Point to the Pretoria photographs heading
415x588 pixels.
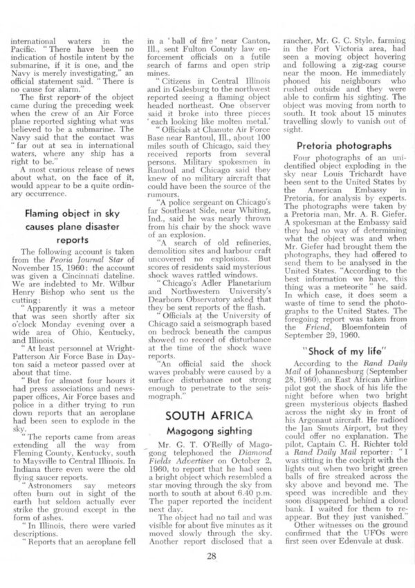[339, 146]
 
